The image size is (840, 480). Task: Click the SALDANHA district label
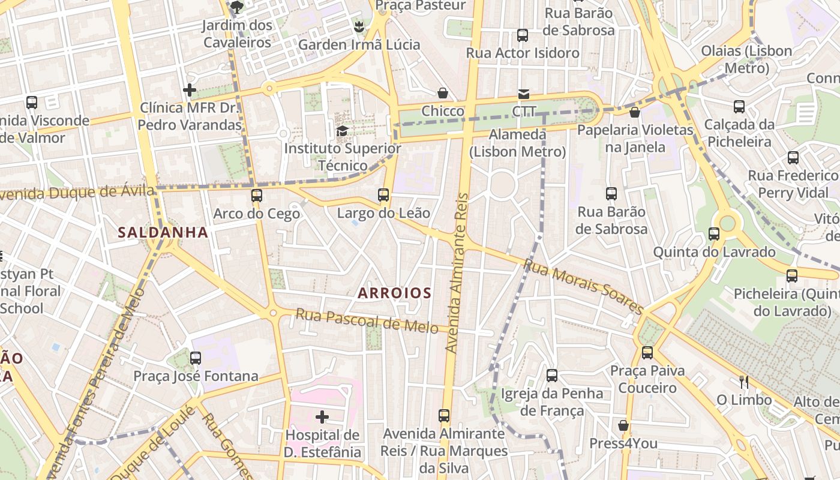[163, 232]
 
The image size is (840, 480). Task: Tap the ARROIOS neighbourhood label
[394, 293]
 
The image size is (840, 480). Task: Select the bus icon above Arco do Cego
[257, 195]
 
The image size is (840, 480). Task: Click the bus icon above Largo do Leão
[383, 194]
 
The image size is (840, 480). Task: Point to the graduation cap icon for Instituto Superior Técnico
[342, 131]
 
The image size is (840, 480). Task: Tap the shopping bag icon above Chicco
[443, 93]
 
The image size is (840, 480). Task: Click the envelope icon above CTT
[523, 94]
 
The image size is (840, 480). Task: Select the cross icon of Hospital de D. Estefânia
[322, 416]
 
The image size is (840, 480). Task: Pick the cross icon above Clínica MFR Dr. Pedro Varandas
[190, 90]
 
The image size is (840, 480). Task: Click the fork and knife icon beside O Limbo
[744, 382]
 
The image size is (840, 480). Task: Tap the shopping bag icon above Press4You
[623, 425]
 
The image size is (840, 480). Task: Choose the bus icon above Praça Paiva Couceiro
[647, 352]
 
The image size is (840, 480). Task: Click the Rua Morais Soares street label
[583, 286]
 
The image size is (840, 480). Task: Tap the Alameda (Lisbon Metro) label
[518, 143]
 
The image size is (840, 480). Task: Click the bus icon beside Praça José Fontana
[196, 358]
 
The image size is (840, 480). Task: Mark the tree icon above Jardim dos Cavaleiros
[237, 7]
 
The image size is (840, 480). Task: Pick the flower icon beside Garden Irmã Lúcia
[359, 26]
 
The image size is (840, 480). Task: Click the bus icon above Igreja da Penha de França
[552, 376]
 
